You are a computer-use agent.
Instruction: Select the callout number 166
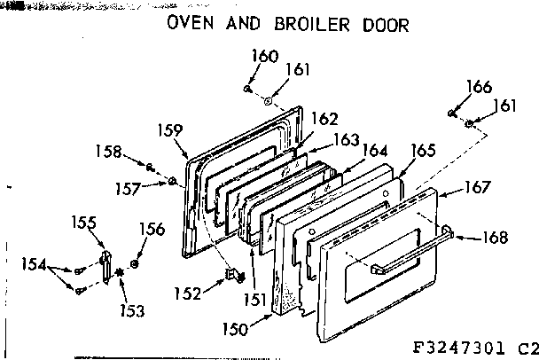[479, 87]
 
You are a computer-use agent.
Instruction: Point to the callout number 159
[168, 128]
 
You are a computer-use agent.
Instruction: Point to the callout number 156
[152, 229]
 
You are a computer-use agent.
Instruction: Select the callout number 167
[477, 188]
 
